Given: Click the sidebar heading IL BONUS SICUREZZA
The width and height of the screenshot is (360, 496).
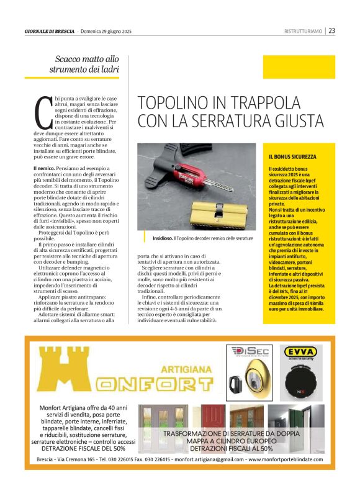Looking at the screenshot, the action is (292, 157).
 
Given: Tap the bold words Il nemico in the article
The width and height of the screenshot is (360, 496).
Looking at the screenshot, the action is (45, 168).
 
